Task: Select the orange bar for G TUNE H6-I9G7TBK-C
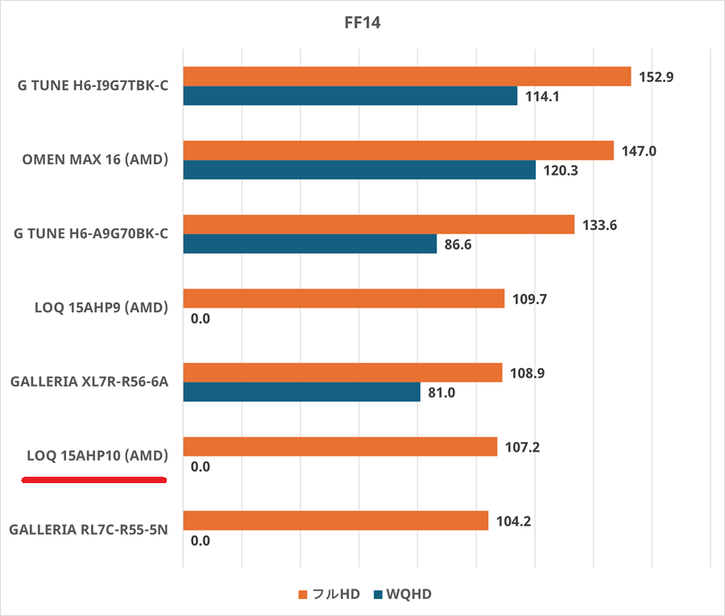407,76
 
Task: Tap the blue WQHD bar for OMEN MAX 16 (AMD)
359,170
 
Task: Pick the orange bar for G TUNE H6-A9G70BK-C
379,225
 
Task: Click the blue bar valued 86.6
310,244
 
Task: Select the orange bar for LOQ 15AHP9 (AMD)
344,299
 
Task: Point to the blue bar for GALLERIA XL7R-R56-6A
302,392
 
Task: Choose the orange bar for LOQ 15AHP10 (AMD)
340,447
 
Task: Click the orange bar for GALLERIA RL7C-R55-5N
336,521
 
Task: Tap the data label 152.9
656,77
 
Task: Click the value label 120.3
561,171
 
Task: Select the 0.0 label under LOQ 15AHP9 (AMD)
200,319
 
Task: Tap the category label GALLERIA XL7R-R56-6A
89,382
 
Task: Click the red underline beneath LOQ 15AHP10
93,480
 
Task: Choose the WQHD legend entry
402,594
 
